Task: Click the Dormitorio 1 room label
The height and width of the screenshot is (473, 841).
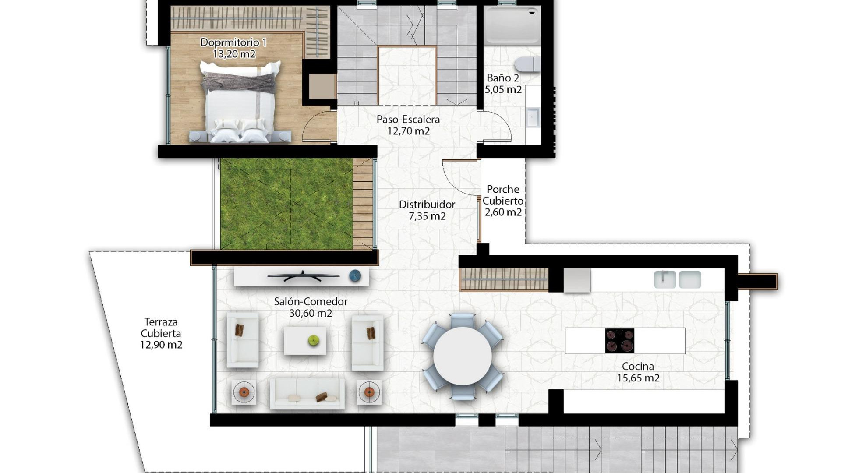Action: [x=233, y=42]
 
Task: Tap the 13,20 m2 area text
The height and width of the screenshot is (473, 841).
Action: [x=234, y=54]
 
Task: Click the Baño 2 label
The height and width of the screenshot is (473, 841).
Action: [x=503, y=78]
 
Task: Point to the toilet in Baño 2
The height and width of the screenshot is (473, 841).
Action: [x=527, y=64]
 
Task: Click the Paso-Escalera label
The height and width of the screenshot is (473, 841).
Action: [x=408, y=119]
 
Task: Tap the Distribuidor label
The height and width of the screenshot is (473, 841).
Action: [x=427, y=205]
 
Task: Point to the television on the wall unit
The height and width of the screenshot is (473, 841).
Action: [x=303, y=276]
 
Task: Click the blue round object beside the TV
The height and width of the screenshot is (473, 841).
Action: [x=355, y=276]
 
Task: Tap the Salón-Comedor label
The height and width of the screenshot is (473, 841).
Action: [x=311, y=301]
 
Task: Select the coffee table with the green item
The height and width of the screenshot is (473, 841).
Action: [x=305, y=341]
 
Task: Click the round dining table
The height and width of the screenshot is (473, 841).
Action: [x=462, y=356]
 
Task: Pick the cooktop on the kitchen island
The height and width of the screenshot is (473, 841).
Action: [x=619, y=341]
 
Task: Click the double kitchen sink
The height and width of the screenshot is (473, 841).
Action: [x=677, y=279]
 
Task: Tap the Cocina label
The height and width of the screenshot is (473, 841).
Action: [x=638, y=366]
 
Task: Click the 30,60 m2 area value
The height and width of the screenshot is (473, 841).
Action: [x=311, y=313]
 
